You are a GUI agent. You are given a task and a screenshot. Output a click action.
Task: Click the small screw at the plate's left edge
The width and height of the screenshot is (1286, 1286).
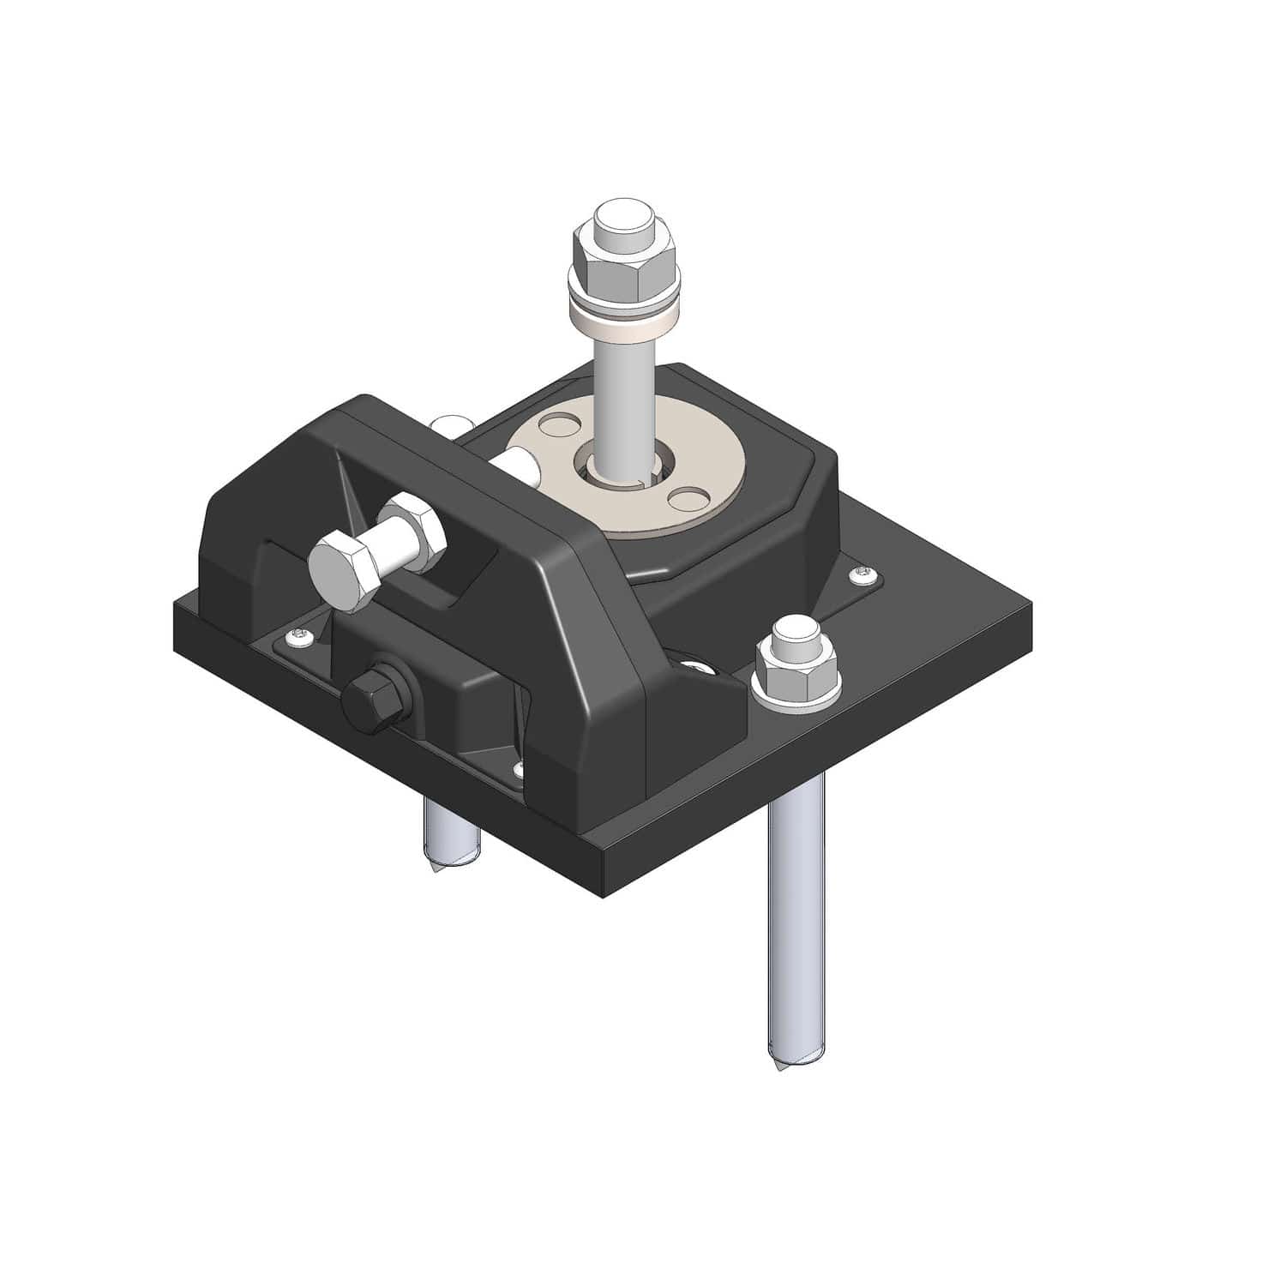[300, 635]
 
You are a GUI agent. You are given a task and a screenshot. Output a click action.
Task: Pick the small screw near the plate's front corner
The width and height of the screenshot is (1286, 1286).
[517, 769]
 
